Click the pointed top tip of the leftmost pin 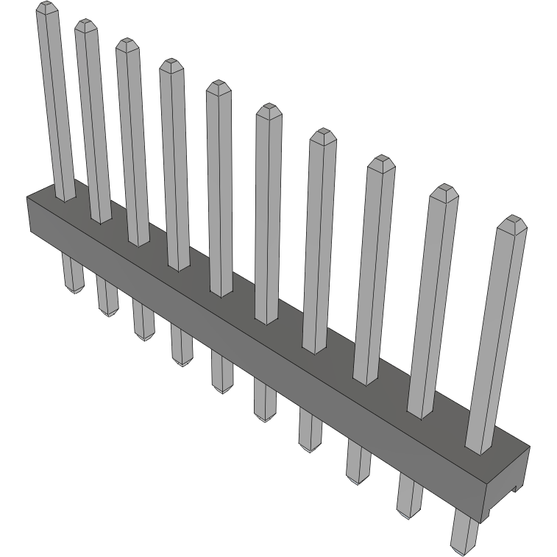click(46, 7)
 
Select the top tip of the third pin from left click(127, 43)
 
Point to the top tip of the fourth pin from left click(171, 64)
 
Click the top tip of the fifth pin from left click(218, 86)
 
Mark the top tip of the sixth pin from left click(268, 110)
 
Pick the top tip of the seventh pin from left click(322, 135)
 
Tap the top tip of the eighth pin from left click(380, 161)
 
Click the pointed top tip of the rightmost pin click(511, 221)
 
